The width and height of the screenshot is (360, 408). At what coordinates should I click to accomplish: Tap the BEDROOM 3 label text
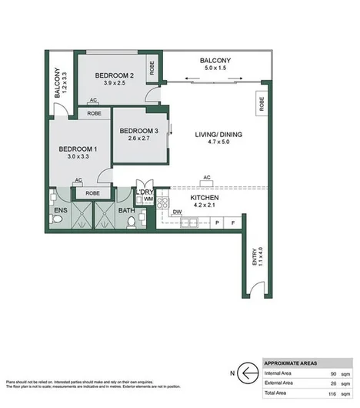click(139, 132)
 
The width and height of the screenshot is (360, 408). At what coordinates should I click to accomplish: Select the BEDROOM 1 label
click(78, 148)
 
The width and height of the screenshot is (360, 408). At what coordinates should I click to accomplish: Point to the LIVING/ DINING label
click(218, 135)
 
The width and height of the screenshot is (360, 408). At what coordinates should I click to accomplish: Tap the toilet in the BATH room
click(132, 223)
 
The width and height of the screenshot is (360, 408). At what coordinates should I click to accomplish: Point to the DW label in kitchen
click(176, 212)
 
